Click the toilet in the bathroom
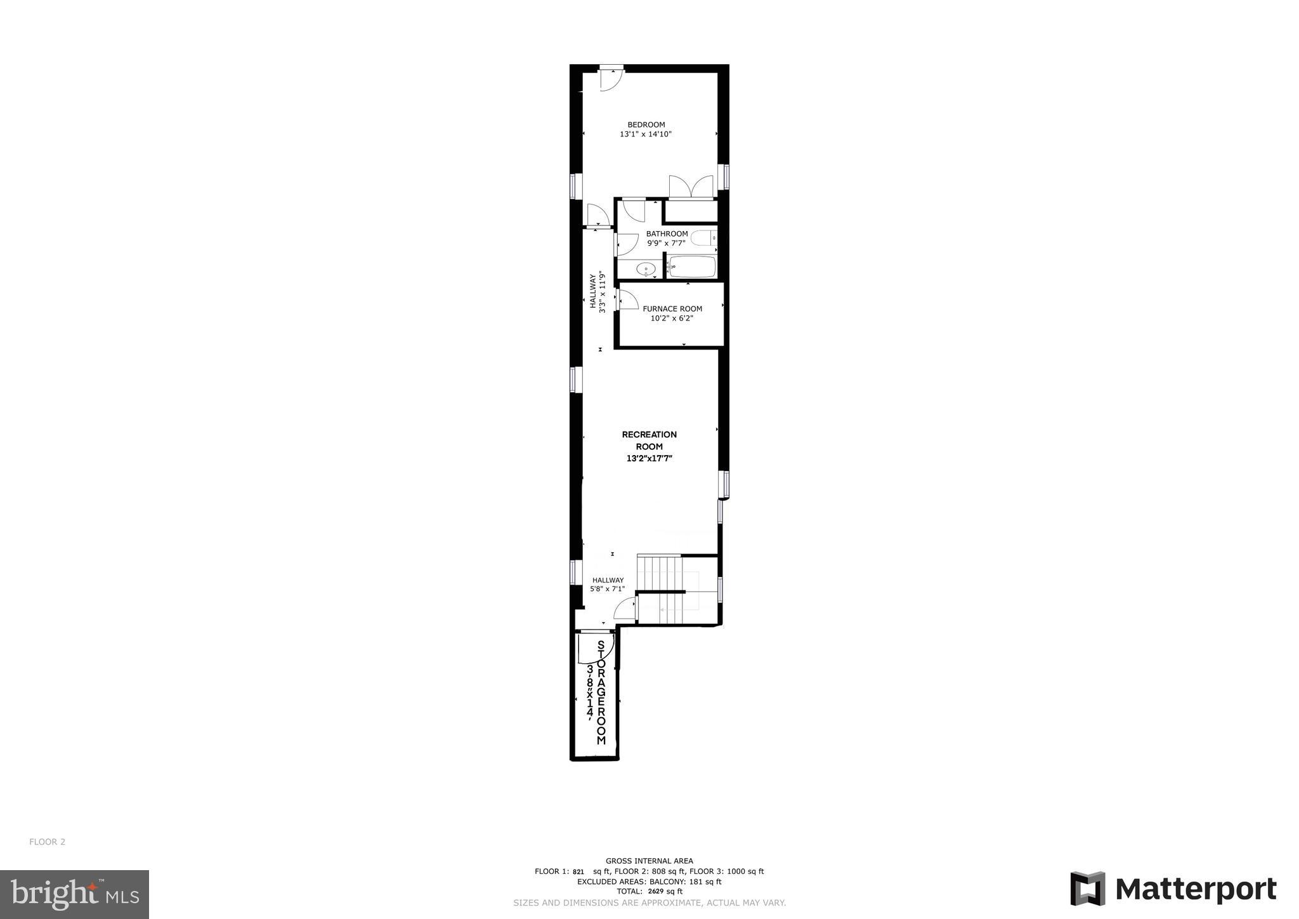[703, 239]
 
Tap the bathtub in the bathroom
[691, 267]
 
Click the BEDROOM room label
[646, 124]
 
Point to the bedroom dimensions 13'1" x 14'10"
[645, 135]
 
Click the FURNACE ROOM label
[672, 309]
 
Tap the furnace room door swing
[628, 300]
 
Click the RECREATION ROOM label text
[649, 440]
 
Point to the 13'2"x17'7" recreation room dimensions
[649, 458]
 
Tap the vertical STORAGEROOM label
[601, 692]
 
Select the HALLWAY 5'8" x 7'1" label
[608, 585]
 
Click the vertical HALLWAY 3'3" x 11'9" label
[597, 292]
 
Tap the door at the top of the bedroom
[611, 79]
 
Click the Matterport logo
[1173, 889]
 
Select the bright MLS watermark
[74, 894]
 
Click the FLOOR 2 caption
[47, 842]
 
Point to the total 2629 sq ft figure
[664, 891]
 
